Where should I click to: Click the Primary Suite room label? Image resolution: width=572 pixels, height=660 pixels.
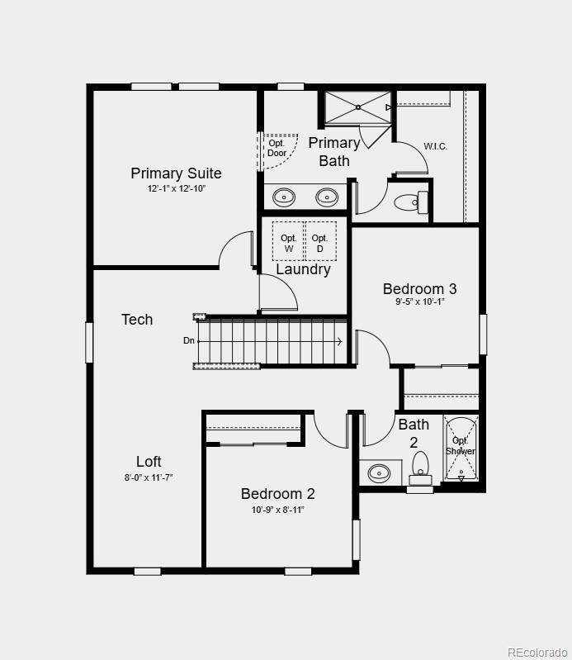coord(176,173)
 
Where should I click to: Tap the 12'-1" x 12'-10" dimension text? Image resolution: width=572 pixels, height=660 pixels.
coord(176,189)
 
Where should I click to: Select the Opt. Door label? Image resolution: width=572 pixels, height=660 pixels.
coord(277,149)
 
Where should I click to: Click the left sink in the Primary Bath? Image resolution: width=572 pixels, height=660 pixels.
coord(284,197)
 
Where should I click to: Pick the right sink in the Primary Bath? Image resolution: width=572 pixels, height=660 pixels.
coord(328,197)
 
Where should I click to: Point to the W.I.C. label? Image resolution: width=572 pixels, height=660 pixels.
coord(435,146)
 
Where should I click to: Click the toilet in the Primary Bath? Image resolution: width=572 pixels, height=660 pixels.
coord(411,201)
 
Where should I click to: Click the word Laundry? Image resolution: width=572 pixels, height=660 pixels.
coord(303,269)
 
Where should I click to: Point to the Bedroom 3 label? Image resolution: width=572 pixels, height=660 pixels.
coord(419,289)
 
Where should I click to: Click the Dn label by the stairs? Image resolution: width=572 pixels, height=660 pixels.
coord(189,340)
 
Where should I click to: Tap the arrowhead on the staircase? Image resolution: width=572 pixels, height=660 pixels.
coord(339,340)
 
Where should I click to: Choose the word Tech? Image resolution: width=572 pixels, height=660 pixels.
coord(137,320)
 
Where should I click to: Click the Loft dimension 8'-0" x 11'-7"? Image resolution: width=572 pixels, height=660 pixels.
coord(149,477)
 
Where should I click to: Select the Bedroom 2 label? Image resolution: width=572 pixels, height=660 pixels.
coord(277,494)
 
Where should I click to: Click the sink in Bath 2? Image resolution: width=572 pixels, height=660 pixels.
coord(379,473)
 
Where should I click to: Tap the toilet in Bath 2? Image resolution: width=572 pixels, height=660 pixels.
coord(420,468)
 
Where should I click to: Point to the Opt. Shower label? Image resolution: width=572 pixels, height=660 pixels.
coord(461,446)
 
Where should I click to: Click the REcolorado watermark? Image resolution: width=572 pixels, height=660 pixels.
coord(536,652)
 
